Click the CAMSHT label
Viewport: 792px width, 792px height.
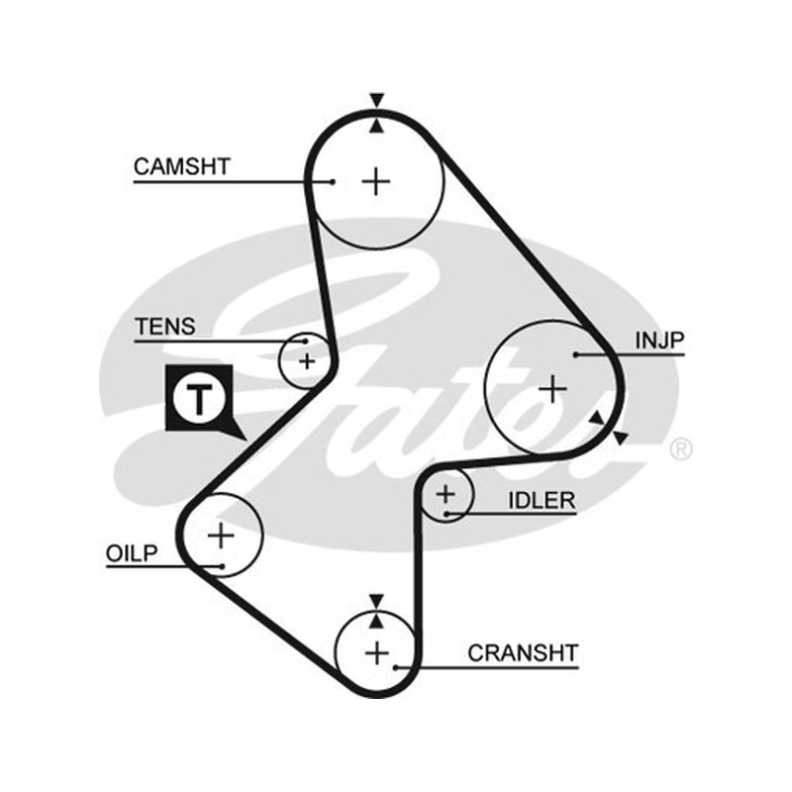[x=182, y=166]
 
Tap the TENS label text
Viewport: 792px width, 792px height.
[x=165, y=327]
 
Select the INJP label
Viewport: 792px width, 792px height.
[x=659, y=341]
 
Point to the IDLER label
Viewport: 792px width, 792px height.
[x=542, y=501]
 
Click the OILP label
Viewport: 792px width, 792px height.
[x=132, y=553]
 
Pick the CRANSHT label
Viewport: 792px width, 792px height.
[x=523, y=653]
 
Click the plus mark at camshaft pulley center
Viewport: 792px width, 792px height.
[x=376, y=181]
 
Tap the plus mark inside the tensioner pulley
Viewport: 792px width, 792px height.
[x=307, y=361]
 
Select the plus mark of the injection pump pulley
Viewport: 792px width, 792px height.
[x=553, y=389]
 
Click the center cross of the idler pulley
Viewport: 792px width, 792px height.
[x=445, y=494]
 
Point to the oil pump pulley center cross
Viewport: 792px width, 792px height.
[x=221, y=536]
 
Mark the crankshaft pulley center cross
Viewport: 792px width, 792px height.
[x=377, y=653]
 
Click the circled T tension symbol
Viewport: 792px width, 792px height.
[x=200, y=399]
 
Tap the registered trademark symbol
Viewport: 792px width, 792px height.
[x=680, y=449]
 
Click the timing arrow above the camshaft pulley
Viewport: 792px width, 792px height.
[x=376, y=101]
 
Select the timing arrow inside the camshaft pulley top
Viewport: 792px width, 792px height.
[x=376, y=126]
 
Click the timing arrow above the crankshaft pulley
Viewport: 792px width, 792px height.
[x=376, y=602]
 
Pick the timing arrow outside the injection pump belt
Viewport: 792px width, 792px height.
[x=621, y=438]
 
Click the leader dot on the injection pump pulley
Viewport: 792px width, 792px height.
[x=575, y=354]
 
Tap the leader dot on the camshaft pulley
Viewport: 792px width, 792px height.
[x=332, y=182]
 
